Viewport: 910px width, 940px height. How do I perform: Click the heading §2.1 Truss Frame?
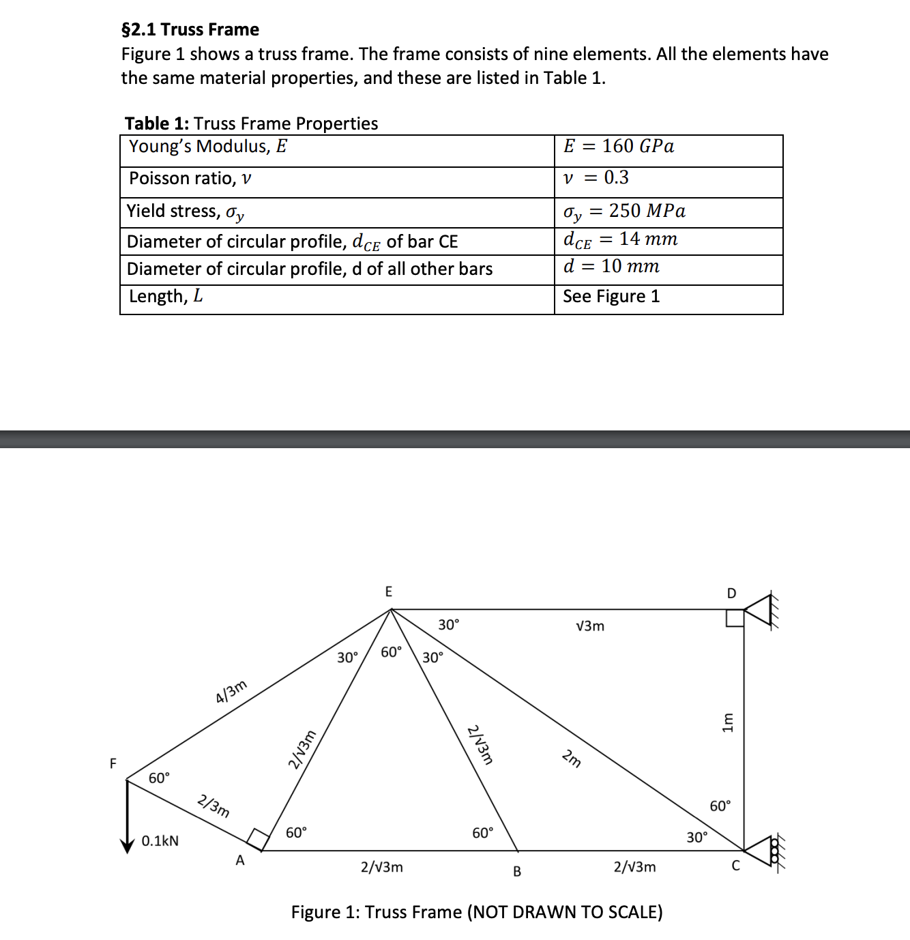click(190, 29)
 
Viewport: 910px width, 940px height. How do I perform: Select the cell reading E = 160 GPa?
click(619, 147)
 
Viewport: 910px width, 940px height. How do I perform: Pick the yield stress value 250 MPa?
click(624, 211)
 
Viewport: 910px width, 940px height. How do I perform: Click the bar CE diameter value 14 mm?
click(620, 239)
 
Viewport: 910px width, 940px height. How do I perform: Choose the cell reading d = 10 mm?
click(611, 267)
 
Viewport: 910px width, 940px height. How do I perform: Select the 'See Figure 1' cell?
click(611, 297)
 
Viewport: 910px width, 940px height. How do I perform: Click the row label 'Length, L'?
click(166, 297)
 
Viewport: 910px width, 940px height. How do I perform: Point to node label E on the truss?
click(389, 591)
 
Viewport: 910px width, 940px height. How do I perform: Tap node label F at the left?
click(113, 763)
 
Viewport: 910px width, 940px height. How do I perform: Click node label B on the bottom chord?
click(517, 871)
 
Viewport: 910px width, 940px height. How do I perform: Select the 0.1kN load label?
click(160, 841)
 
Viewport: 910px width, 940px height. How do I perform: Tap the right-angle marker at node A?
click(257, 838)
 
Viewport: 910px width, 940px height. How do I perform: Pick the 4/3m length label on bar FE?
click(231, 692)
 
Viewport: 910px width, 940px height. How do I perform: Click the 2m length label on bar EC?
click(572, 758)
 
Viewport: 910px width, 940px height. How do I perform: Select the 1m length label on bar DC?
click(728, 722)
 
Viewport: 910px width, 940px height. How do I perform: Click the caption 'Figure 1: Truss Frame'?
click(476, 912)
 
